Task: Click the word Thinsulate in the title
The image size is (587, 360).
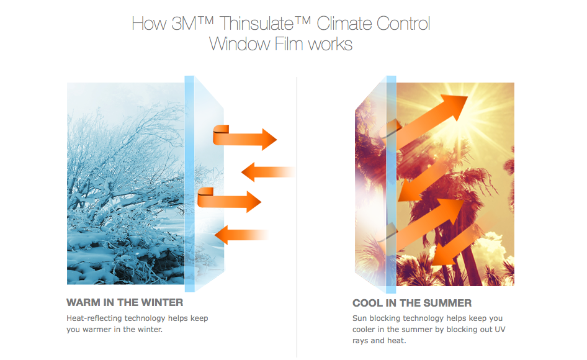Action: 256,24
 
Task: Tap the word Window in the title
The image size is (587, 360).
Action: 240,44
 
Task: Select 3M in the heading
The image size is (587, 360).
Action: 184,24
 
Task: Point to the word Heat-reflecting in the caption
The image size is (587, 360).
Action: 94,318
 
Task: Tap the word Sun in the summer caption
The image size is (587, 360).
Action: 359,318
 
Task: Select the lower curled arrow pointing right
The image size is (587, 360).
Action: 229,200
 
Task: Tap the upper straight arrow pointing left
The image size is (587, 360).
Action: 268,172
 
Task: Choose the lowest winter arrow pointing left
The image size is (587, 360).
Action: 242,235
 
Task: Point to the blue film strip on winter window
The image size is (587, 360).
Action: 189,184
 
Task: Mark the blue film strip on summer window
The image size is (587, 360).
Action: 391,184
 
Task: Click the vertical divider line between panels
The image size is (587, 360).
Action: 297,217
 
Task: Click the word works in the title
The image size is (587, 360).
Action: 330,44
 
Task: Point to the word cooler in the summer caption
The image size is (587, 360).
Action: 364,330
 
